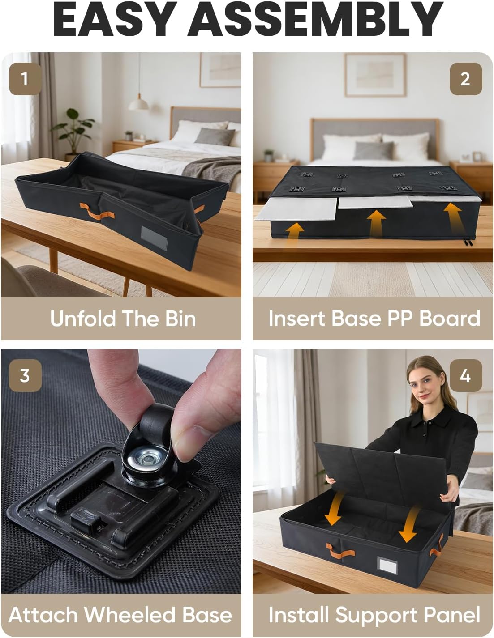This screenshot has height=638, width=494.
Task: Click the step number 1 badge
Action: (x=25, y=79)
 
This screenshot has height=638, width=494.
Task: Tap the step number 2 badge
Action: (x=465, y=79)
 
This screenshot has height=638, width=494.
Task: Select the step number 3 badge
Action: (x=25, y=375)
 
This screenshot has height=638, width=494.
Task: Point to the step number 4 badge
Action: (x=465, y=375)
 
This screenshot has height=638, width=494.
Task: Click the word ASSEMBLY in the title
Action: (x=315, y=19)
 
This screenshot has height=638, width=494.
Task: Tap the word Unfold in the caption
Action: (x=83, y=319)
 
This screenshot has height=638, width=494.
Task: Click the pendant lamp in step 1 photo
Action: (x=138, y=103)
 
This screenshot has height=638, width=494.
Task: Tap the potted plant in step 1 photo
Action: (x=72, y=132)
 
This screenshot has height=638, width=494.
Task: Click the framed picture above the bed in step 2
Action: (x=375, y=75)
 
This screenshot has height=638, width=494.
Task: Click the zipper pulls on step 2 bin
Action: (x=468, y=242)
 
